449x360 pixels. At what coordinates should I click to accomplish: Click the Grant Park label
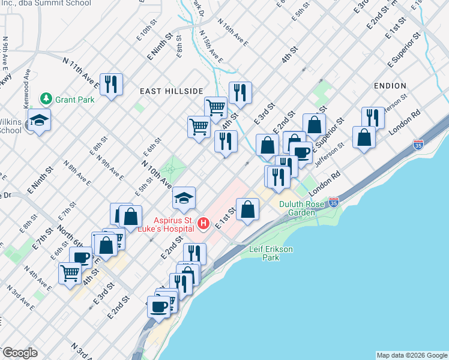[74, 99]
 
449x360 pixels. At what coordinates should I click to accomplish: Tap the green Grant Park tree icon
[45, 98]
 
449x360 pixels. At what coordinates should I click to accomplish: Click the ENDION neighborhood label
[390, 86]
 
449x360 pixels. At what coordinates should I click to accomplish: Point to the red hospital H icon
[203, 224]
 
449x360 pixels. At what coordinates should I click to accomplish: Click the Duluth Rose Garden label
[302, 208]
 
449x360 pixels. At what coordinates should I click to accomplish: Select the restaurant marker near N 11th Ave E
[111, 85]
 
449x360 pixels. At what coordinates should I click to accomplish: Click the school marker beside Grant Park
[40, 121]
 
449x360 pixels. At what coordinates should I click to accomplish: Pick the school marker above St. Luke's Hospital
[184, 197]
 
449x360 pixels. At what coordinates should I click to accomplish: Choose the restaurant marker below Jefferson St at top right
[373, 118]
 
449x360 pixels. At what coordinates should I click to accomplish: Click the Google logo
[20, 353]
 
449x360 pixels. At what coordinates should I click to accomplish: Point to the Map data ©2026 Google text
[411, 355]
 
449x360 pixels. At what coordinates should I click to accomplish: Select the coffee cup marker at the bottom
[158, 307]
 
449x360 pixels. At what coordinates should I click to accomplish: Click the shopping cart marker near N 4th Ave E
[70, 273]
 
